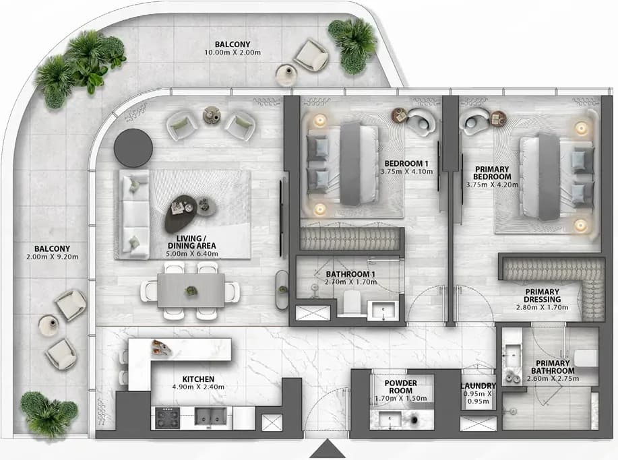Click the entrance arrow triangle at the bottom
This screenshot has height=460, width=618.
click(327, 450)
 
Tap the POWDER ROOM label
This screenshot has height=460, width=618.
click(401, 387)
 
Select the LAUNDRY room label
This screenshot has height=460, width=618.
click(478, 386)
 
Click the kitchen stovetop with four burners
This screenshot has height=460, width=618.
click(168, 418)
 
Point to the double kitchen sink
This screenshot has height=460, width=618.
click(211, 417)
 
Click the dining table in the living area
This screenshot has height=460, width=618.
click(191, 291)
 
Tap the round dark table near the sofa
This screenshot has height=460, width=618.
click(133, 147)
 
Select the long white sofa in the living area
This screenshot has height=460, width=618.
click(132, 215)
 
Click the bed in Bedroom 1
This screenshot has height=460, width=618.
click(342, 164)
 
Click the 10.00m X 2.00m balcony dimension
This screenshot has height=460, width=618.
click(233, 53)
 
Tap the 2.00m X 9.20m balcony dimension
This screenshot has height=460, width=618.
click(53, 257)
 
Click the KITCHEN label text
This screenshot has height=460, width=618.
click(198, 379)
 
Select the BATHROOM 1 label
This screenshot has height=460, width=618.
click(348, 274)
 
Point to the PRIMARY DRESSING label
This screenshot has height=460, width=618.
click(543, 296)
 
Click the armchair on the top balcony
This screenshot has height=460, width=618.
click(311, 55)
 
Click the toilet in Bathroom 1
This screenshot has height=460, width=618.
click(352, 302)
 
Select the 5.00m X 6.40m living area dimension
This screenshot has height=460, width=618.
click(192, 254)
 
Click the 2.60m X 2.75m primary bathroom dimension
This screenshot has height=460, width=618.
click(553, 379)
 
